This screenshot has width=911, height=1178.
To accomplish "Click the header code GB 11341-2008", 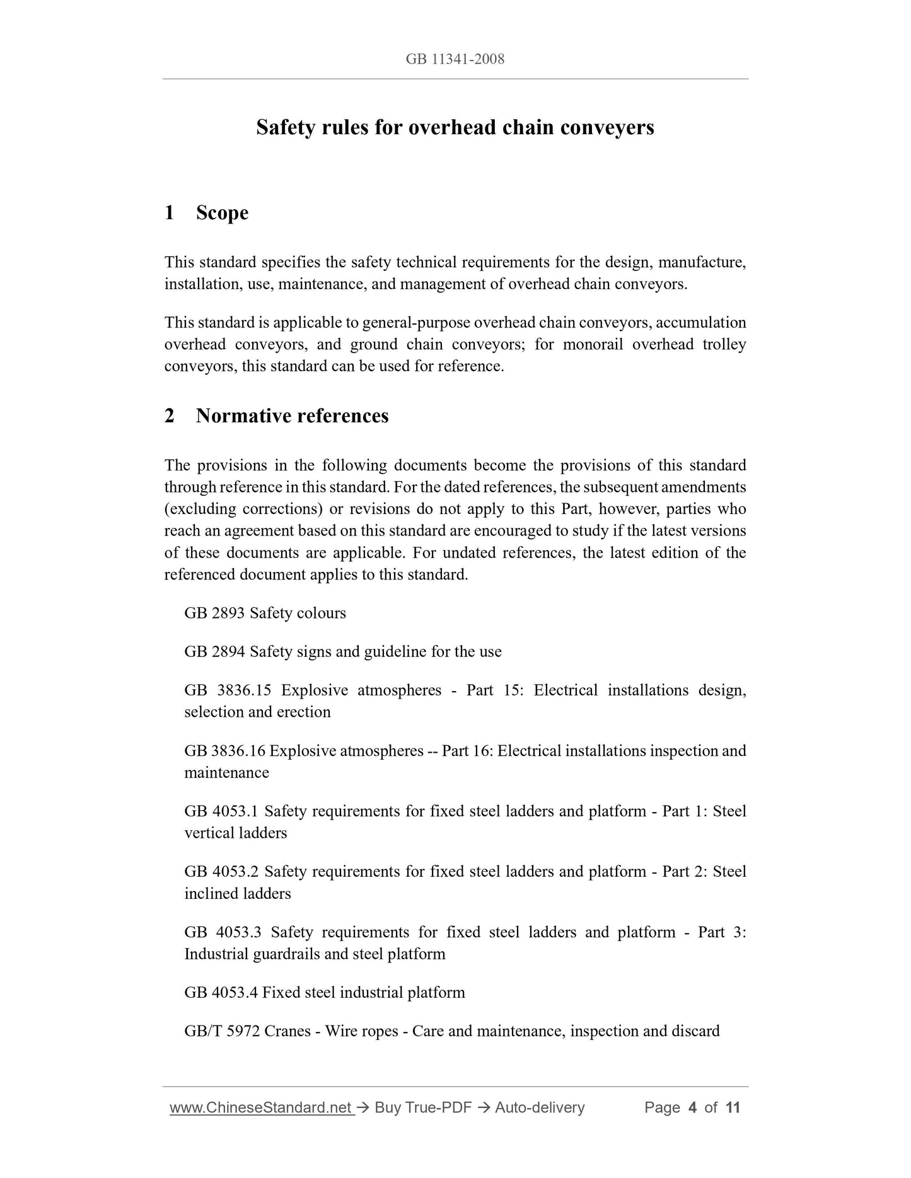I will tap(455, 59).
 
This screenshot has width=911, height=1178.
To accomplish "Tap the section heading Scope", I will tap(222, 213).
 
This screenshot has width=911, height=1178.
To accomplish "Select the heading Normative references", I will tap(292, 416).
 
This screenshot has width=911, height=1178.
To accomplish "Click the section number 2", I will tap(169, 416).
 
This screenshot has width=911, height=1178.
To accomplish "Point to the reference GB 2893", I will tap(214, 613).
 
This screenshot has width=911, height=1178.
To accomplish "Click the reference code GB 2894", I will tap(214, 651).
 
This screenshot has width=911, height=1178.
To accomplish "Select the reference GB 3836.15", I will tap(228, 690).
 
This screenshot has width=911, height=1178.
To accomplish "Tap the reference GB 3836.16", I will tap(224, 751).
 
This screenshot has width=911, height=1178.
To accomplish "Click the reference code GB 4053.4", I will tap(221, 993).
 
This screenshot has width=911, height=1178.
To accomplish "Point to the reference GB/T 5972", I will tap(222, 1031).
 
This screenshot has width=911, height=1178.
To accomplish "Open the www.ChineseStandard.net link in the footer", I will tap(261, 1107).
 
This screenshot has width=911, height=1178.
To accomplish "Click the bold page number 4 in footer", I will tap(692, 1107).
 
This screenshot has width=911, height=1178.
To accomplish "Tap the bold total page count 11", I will tap(733, 1107).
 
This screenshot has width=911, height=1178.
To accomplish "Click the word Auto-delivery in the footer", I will tap(540, 1107).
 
